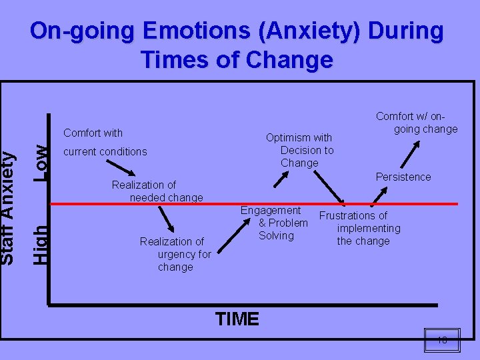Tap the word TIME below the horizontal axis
[237, 319]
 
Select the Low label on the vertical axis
[41, 163]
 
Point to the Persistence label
[403, 177]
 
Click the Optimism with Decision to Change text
[299, 150]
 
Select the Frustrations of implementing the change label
[361, 228]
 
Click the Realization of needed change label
[157, 191]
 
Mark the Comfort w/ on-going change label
[417, 123]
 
